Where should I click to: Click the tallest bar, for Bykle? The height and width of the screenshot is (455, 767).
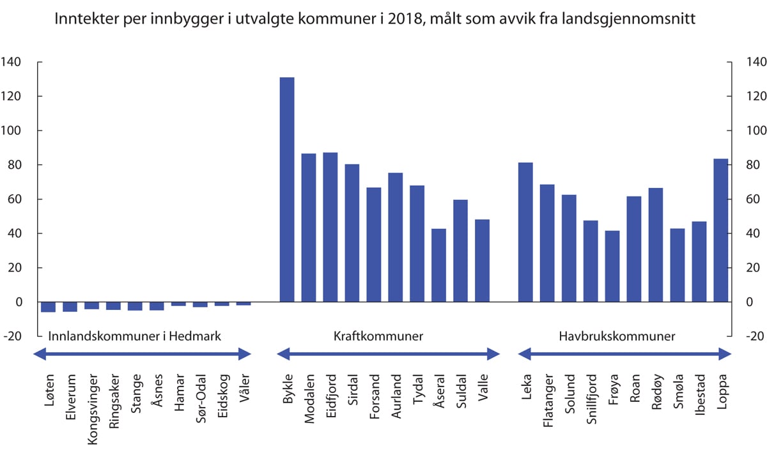pyautogui.click(x=287, y=190)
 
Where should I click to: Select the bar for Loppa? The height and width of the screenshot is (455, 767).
pyautogui.click(x=720, y=230)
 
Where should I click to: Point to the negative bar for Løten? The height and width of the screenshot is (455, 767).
pyautogui.click(x=48, y=307)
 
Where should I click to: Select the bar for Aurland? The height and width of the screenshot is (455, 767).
pyautogui.click(x=395, y=237)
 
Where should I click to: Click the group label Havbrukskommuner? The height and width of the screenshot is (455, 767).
pyautogui.click(x=617, y=336)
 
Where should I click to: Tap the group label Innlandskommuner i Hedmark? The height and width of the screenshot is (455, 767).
pyautogui.click(x=135, y=336)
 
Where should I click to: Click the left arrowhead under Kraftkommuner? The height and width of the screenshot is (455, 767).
pyautogui.click(x=281, y=353)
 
